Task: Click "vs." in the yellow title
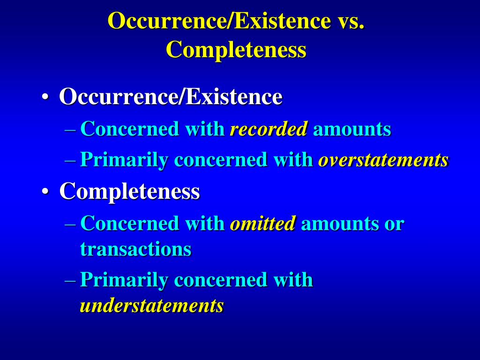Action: pos(349,21)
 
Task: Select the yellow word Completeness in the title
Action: pos(236,50)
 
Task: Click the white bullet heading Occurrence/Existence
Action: pos(171,97)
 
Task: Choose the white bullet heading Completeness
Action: pos(129,191)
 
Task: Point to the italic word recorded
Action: pos(269,129)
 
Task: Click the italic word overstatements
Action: pos(383,160)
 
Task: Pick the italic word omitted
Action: pos(262,224)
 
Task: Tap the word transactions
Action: pos(135,249)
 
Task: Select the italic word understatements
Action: pos(151,306)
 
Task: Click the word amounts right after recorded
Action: pos(352,129)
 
